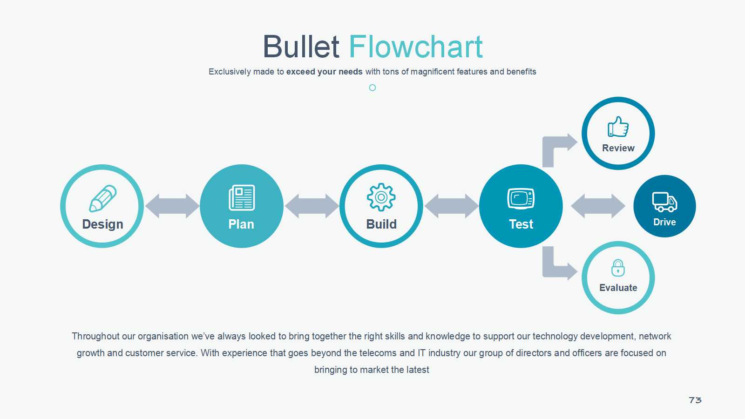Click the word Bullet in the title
pos(301,47)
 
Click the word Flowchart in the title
pos(416,47)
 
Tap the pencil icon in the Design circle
pos(103,198)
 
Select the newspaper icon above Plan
pos(242,198)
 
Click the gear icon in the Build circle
pos(381,197)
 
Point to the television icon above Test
pos(521,198)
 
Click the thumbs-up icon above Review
pos(618,127)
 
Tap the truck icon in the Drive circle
pos(664,202)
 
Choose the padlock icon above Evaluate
pos(618,268)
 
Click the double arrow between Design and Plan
pos(172,206)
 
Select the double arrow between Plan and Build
pos(312,206)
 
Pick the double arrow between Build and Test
pos(452,206)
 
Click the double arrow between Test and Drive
pos(598,206)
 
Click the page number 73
pos(695,400)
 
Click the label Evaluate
pos(618,288)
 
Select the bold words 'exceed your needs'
pos(324,72)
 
